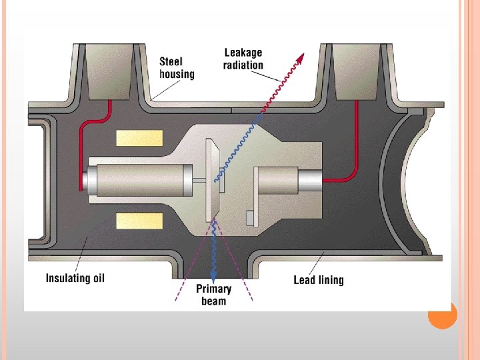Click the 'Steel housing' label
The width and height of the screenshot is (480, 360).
(177, 67)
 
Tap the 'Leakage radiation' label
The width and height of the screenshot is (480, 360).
(243, 59)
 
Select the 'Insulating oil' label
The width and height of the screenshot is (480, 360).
(75, 277)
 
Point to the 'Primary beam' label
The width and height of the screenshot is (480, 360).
(213, 295)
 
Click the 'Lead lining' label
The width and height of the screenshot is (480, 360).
(319, 279)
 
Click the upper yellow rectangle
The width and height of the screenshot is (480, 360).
(139, 138)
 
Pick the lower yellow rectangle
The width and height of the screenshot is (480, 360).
(139, 221)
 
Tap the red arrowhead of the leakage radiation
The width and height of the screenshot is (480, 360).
(301, 58)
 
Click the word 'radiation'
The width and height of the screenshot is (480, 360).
(243, 65)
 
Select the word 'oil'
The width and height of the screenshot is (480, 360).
(97, 277)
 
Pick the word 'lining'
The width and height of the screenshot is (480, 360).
(330, 280)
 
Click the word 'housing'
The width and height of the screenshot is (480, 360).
(177, 73)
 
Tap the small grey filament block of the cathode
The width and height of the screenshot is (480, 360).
(250, 217)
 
